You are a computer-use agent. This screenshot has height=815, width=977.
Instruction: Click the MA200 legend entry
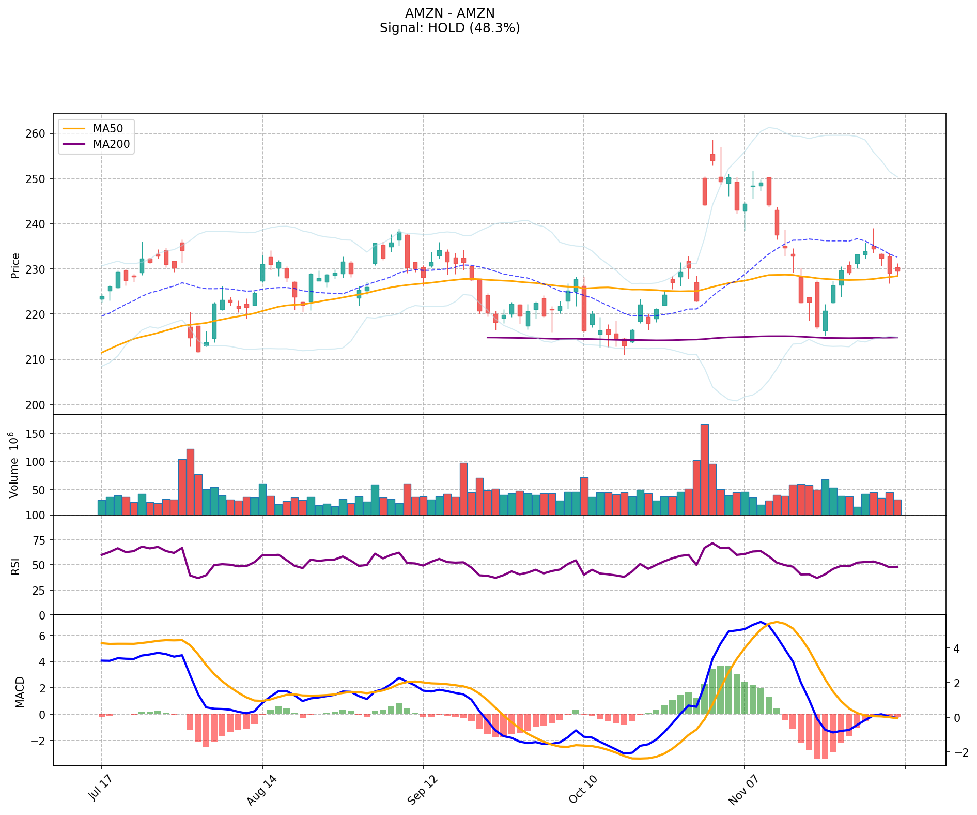coord(111,144)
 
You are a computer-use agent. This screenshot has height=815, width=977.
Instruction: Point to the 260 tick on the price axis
coord(38,134)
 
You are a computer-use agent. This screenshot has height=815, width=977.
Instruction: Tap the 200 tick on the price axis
coord(38,405)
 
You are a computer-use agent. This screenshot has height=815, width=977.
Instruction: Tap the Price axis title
coord(15,266)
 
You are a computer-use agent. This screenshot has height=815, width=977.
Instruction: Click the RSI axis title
coord(15,566)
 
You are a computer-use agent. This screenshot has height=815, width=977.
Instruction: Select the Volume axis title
coord(14,465)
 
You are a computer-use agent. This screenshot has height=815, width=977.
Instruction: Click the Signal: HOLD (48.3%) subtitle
coord(449,28)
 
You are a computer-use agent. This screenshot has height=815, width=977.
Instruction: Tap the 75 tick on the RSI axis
coord(39,540)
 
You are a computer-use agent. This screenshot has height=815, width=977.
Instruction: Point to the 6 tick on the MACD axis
coord(42,636)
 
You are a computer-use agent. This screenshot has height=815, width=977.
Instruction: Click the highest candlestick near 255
coord(712,157)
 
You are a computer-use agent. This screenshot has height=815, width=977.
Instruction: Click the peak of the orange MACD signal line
coord(777,622)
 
